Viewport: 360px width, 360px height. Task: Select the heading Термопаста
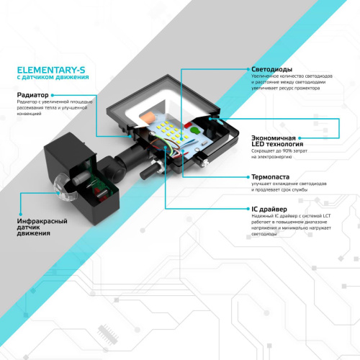271,176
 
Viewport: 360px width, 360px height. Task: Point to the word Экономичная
274,137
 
